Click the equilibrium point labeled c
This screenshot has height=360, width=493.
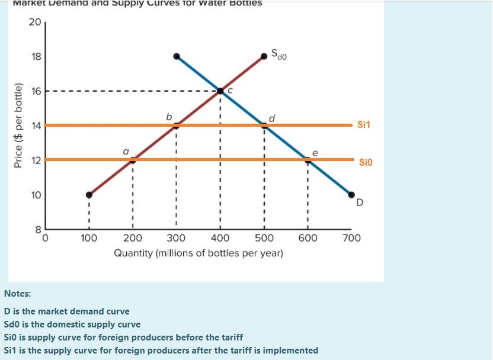(220, 91)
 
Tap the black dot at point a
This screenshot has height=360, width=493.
(133, 159)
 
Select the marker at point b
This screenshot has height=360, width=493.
(177, 125)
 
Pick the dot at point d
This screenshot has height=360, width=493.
(264, 125)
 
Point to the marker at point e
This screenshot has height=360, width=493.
(308, 159)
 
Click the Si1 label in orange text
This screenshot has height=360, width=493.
(364, 125)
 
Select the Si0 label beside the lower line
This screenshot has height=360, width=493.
(366, 162)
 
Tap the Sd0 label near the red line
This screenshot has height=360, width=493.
(279, 55)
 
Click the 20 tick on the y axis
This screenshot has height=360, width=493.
(34, 22)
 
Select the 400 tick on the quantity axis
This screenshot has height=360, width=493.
(220, 239)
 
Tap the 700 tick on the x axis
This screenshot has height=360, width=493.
(351, 239)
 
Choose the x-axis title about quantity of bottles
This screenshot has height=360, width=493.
(199, 253)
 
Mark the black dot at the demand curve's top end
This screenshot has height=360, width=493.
(177, 56)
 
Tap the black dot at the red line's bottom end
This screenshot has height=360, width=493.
(89, 194)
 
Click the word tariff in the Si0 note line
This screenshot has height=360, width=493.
(231, 337)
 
